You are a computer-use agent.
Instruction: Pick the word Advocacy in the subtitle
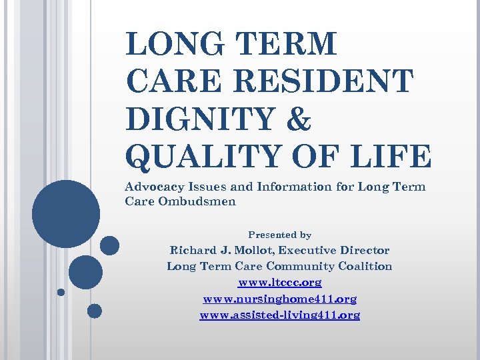[x=157, y=187]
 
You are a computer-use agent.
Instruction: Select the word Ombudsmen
[x=197, y=201]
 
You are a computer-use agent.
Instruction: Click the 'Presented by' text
[x=279, y=235]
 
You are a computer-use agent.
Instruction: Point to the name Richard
[x=193, y=251]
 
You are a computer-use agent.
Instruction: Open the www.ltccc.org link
[x=279, y=283]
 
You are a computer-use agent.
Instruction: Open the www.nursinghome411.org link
[x=279, y=299]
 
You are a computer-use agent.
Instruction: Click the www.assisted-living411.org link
[x=279, y=315]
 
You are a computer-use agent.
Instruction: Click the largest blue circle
[x=66, y=214]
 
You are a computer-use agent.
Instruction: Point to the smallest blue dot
[x=61, y=291]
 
